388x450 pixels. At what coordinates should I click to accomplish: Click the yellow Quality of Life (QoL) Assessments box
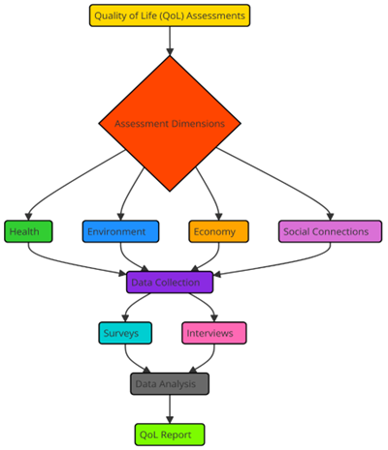point(170,15)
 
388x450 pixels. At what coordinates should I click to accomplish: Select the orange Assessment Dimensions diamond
point(170,124)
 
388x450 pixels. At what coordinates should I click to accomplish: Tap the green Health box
point(28,231)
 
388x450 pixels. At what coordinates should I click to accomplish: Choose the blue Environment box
point(120,231)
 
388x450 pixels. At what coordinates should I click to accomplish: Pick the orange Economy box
point(219,231)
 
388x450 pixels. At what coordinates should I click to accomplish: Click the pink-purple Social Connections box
point(330,231)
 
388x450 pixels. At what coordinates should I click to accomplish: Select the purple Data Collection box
point(170,283)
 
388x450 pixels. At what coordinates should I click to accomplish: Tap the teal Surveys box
point(125,333)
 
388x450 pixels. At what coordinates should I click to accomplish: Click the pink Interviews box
point(214,333)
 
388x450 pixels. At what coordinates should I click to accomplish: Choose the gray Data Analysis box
point(170,384)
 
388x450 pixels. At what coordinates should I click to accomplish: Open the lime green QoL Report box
point(170,435)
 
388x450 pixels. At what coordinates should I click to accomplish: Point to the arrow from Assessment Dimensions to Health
point(65,185)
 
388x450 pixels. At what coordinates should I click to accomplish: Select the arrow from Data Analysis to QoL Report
point(170,409)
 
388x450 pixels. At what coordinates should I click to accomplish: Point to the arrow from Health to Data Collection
point(65,262)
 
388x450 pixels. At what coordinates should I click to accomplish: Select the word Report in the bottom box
point(177,435)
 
